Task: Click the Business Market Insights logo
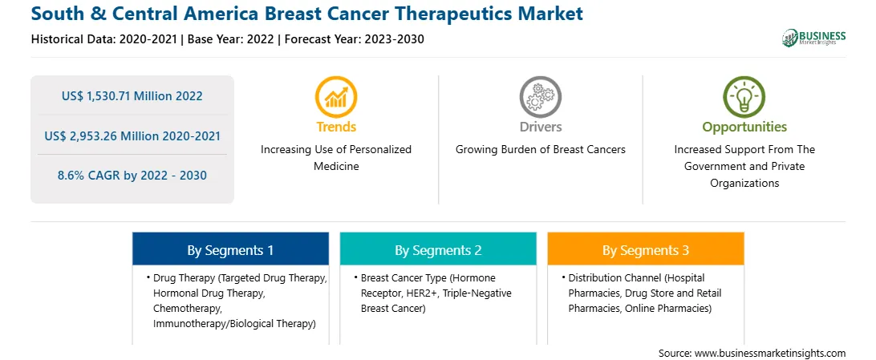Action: pyautogui.click(x=813, y=38)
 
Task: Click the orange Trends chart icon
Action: pyautogui.click(x=336, y=96)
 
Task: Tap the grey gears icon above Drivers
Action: pyautogui.click(x=540, y=96)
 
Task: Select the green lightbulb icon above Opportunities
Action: pyautogui.click(x=744, y=96)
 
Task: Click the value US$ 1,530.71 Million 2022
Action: pyautogui.click(x=132, y=96)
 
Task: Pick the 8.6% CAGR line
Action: pyautogui.click(x=132, y=176)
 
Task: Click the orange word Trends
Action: pyautogui.click(x=336, y=127)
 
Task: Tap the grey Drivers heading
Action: pyautogui.click(x=540, y=127)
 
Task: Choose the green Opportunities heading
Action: pyautogui.click(x=744, y=127)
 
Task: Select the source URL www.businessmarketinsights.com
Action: pyautogui.click(x=769, y=354)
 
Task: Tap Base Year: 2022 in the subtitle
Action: pyautogui.click(x=231, y=39)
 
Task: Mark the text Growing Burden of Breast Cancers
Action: pyautogui.click(x=540, y=150)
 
